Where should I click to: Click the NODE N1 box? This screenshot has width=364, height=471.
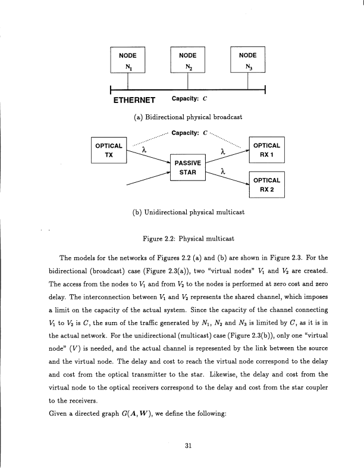(x=128, y=60)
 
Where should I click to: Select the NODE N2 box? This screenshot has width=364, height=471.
(x=187, y=60)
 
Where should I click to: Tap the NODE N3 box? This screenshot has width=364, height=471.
(x=247, y=60)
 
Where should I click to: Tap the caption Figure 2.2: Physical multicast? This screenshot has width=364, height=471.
(x=182, y=239)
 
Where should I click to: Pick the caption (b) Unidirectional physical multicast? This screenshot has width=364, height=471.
(x=182, y=211)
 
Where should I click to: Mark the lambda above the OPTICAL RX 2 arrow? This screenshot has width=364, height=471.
(x=222, y=171)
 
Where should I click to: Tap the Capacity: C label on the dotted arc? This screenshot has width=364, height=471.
(x=189, y=132)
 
